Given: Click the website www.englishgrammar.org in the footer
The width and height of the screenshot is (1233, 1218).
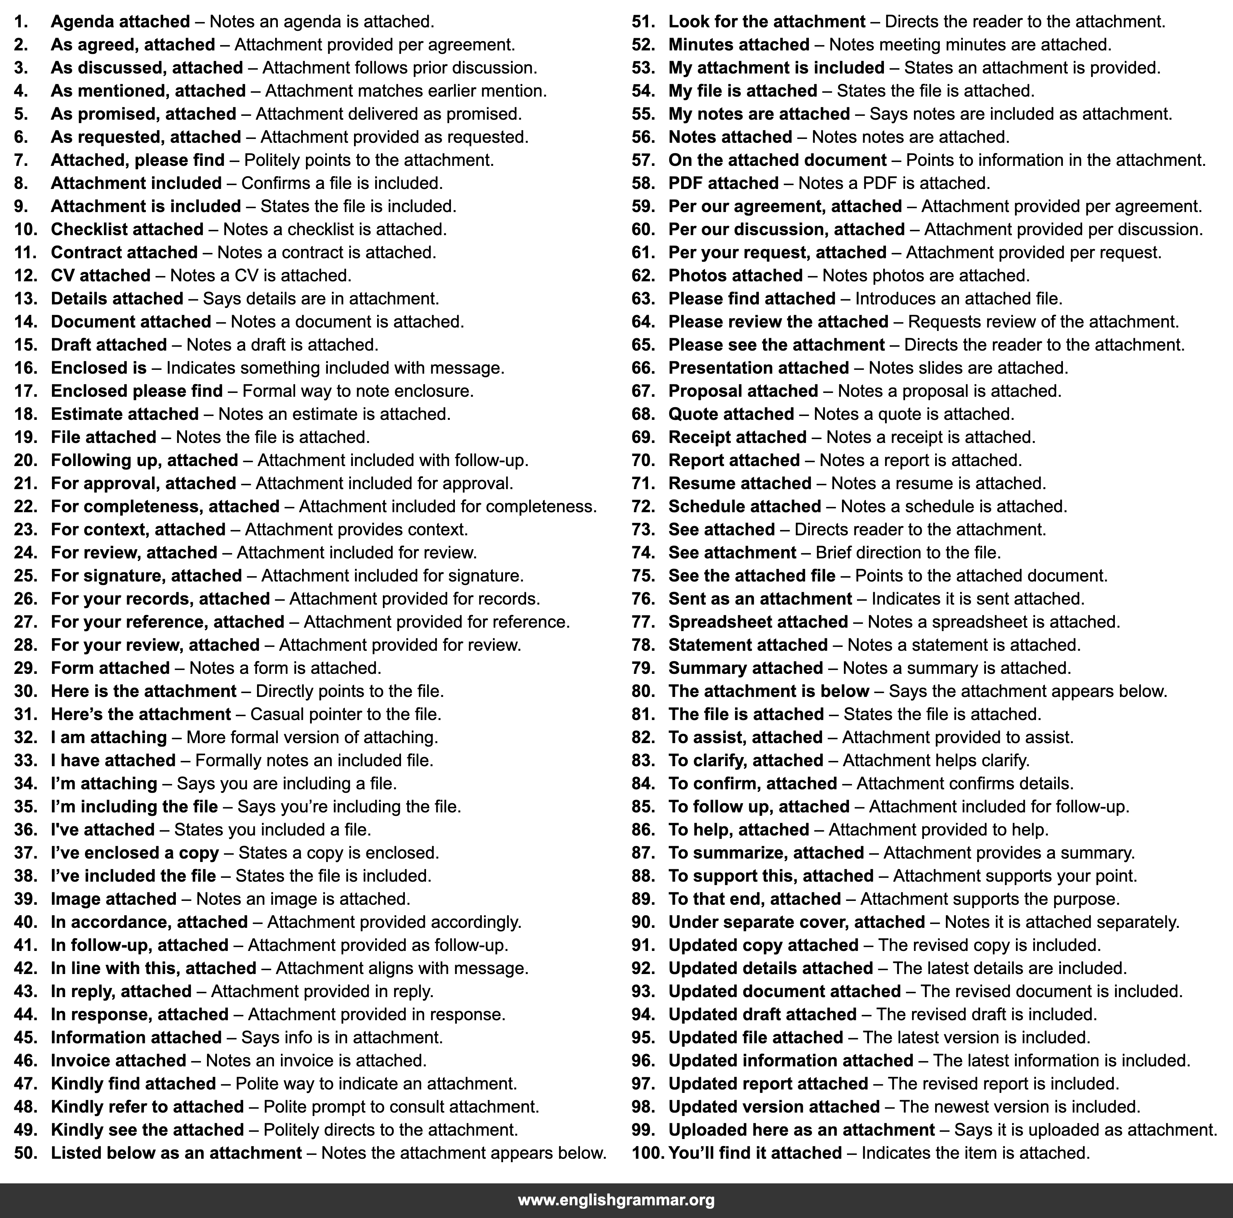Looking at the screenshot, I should click(616, 1200).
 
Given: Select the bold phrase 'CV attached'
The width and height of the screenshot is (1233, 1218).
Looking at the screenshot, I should click(100, 276).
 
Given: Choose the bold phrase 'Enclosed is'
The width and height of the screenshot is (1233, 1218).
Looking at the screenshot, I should click(98, 368).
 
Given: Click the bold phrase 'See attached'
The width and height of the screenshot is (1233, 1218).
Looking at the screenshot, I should click(721, 530).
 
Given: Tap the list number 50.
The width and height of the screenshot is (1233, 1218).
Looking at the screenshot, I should click(25, 1153).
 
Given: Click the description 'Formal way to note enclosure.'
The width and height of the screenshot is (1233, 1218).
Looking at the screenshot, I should click(358, 391).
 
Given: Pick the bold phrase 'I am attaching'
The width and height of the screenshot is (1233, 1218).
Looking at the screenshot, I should click(109, 737).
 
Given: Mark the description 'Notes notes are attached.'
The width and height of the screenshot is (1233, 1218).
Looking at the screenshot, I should click(911, 137).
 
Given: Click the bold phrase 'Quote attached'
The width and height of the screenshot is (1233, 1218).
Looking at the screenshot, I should click(731, 414).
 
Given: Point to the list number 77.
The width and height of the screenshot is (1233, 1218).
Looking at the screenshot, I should click(643, 622).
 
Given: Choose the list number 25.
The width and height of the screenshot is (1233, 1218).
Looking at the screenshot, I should click(25, 576).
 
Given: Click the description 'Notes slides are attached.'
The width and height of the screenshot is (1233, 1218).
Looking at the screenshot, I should click(968, 368).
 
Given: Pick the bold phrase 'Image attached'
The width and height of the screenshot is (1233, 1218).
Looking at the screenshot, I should click(114, 899).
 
